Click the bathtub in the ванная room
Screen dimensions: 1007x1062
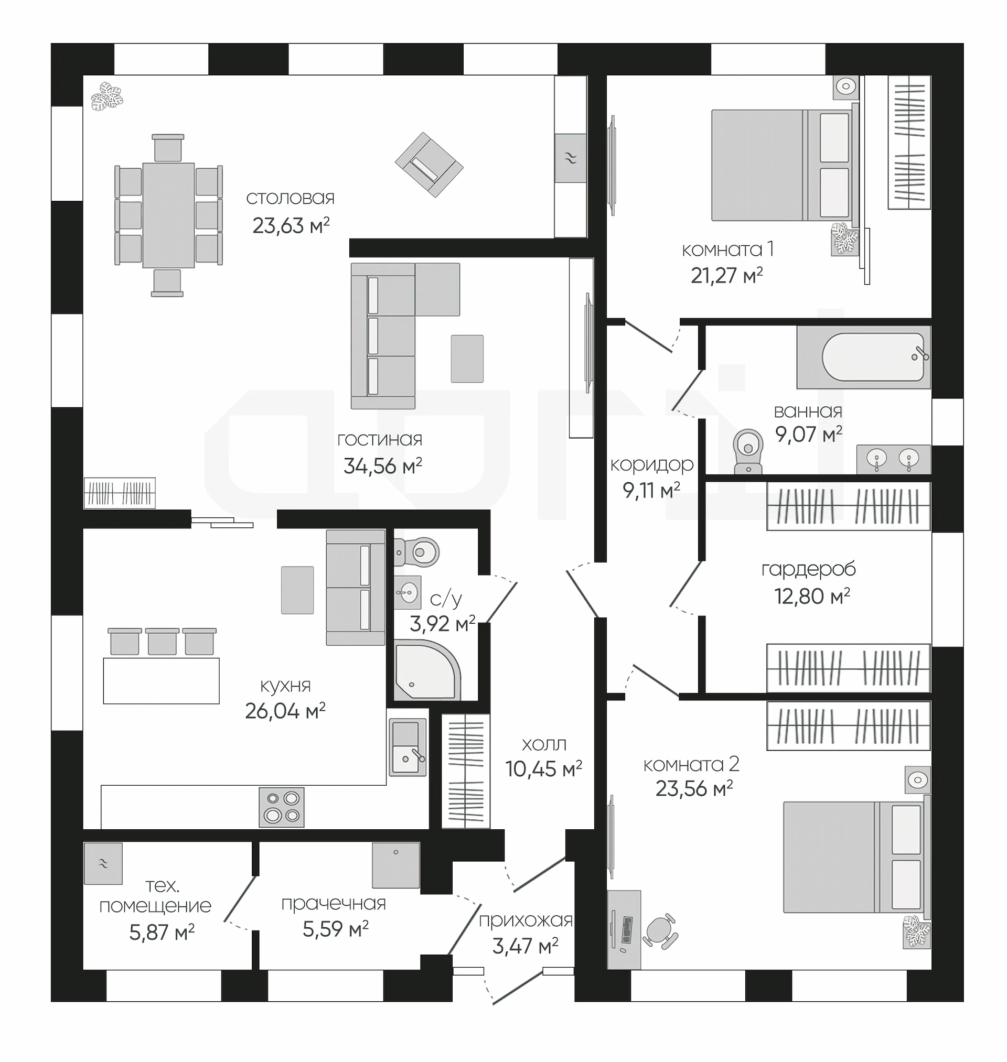point(864,357)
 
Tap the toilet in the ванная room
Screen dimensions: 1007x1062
point(748,451)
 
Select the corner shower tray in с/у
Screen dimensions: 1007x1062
point(427,670)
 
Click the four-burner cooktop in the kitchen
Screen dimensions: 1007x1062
point(282,807)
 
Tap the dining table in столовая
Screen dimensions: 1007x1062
point(168,215)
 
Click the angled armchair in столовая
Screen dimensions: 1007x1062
point(429,165)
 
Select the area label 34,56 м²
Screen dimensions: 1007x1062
point(383,466)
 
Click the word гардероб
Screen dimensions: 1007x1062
point(808,569)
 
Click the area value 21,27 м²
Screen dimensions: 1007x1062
point(727,276)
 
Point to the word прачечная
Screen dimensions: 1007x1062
point(334,904)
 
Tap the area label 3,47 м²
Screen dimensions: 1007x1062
point(525,946)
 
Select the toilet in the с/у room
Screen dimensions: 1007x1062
point(416,552)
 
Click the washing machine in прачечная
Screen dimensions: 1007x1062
point(396,864)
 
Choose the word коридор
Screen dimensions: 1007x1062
point(651,465)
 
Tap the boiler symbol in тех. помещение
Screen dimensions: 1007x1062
point(103,863)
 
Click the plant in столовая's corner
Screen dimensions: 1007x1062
point(107,96)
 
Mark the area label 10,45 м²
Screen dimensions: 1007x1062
point(544,769)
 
